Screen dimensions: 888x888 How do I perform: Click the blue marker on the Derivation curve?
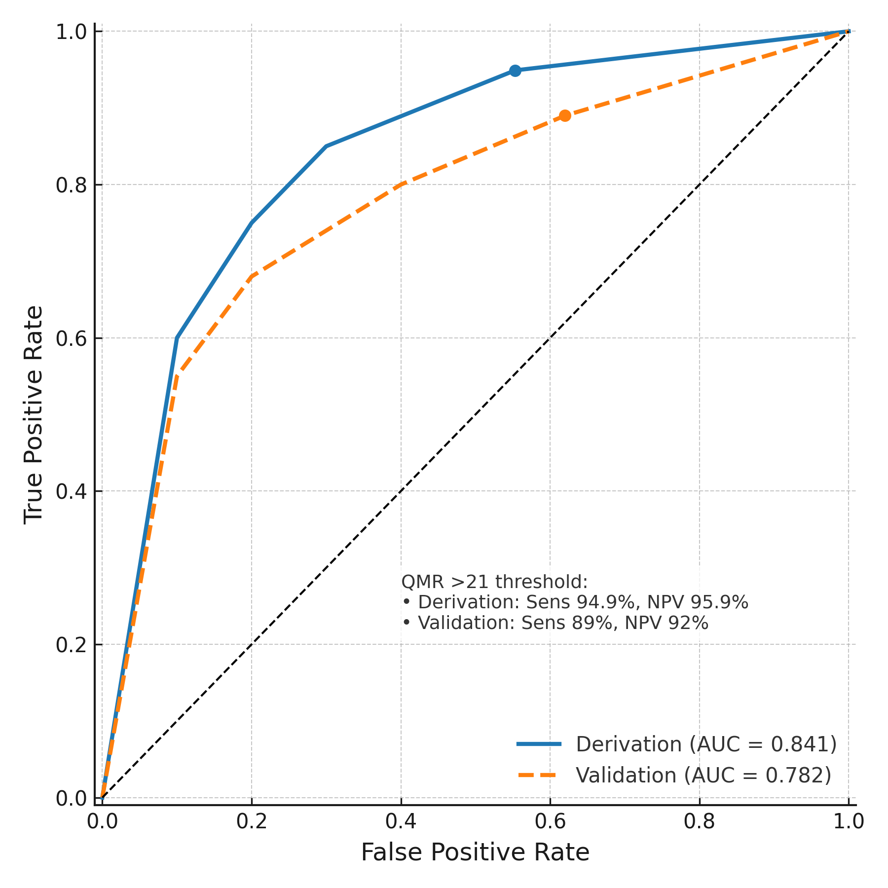(x=515, y=71)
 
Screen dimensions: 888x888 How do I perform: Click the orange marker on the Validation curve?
(x=565, y=116)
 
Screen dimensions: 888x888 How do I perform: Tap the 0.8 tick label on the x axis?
(x=700, y=822)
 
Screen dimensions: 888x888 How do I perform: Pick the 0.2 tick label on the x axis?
(x=252, y=822)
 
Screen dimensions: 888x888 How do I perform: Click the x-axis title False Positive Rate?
(x=475, y=853)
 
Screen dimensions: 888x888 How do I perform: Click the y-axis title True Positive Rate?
(x=34, y=414)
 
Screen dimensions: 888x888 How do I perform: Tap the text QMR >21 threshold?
(x=494, y=582)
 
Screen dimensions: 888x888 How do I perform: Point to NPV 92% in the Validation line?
(x=666, y=623)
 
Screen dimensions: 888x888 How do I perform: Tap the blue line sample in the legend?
(x=539, y=744)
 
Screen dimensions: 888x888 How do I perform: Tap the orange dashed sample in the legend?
(x=539, y=776)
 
